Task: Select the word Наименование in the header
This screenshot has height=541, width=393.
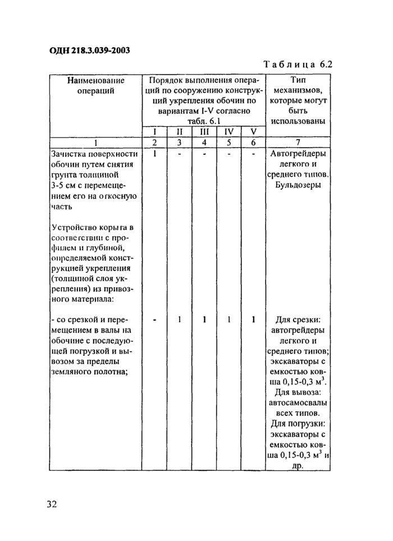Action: point(95,80)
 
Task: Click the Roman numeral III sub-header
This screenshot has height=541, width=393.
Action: point(203,132)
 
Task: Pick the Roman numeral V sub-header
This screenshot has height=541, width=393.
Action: point(253,132)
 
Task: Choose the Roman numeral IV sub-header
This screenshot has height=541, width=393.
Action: point(229,132)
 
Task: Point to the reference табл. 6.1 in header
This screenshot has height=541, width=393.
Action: point(202,122)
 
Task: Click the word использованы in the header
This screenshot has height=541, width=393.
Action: point(298,122)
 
